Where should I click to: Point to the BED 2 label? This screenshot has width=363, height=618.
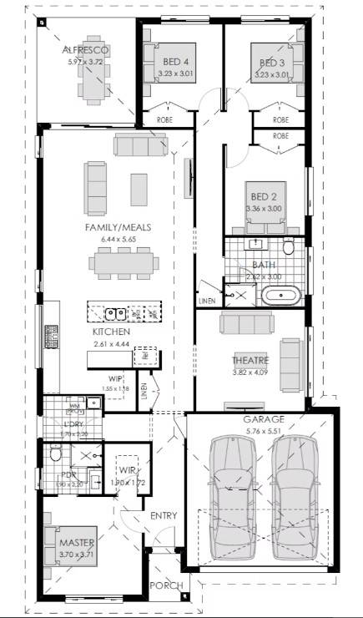pos(265,197)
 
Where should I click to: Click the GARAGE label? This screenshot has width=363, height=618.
pos(264,420)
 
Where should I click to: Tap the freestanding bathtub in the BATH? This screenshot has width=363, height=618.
pos(280,295)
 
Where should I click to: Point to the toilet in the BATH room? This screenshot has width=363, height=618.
pos(288,247)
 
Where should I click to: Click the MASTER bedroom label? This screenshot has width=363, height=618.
pos(77,531)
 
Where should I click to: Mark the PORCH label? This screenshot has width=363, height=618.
pos(165,585)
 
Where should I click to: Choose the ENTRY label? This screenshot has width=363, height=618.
pos(163,515)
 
